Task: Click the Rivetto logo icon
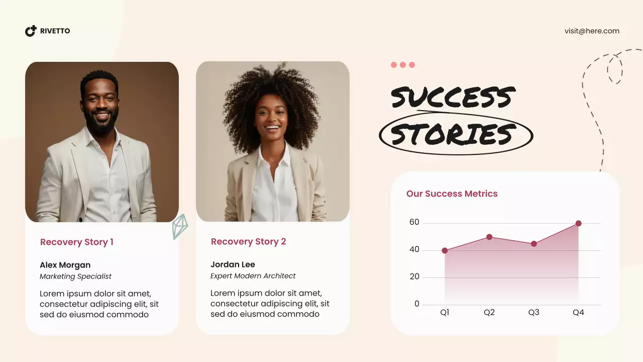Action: click(x=31, y=31)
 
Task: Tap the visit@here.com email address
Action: click(x=592, y=31)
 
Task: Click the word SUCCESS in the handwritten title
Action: click(x=453, y=97)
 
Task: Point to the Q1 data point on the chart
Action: click(x=445, y=250)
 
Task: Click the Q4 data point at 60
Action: click(x=578, y=223)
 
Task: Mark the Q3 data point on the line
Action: click(x=533, y=244)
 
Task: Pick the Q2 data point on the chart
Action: click(x=489, y=237)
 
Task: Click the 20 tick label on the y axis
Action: click(x=414, y=277)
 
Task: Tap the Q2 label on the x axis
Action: click(x=489, y=312)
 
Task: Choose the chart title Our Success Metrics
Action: click(x=452, y=194)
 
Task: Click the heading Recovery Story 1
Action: click(x=76, y=242)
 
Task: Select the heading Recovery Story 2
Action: click(x=248, y=241)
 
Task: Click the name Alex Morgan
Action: click(x=65, y=265)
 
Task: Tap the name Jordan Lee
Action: click(x=233, y=264)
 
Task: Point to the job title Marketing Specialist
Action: click(x=75, y=276)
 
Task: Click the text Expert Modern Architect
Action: click(x=253, y=276)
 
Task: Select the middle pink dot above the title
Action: click(x=403, y=65)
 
